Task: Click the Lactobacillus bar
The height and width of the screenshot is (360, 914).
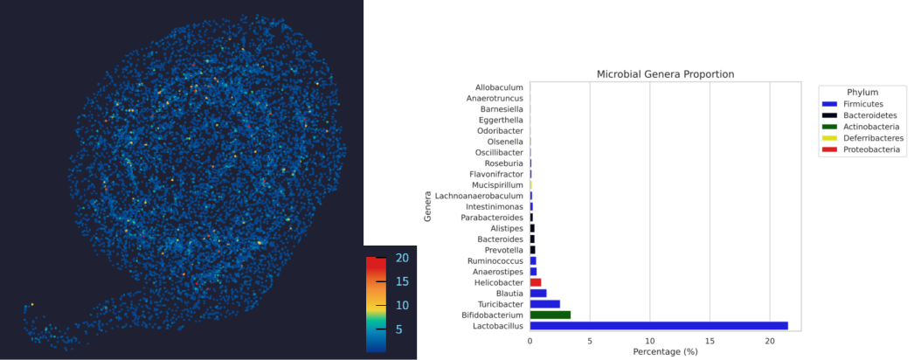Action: click(x=658, y=326)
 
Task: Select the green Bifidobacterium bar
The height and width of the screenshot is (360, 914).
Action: click(x=550, y=315)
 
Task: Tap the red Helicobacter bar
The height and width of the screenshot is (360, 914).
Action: click(x=536, y=282)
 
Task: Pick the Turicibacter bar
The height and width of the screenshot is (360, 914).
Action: click(x=544, y=304)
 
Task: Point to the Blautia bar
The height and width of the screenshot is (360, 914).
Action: click(x=538, y=294)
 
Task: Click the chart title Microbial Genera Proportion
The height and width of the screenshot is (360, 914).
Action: click(x=665, y=74)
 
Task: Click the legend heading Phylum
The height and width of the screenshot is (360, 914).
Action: click(x=862, y=92)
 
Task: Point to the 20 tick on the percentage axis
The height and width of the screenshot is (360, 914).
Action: click(x=769, y=340)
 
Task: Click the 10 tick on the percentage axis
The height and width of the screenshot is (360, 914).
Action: click(x=649, y=340)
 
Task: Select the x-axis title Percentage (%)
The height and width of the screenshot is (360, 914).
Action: click(x=665, y=351)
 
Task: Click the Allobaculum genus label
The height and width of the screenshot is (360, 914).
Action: click(x=499, y=87)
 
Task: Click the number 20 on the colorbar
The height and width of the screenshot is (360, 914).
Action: click(x=402, y=259)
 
